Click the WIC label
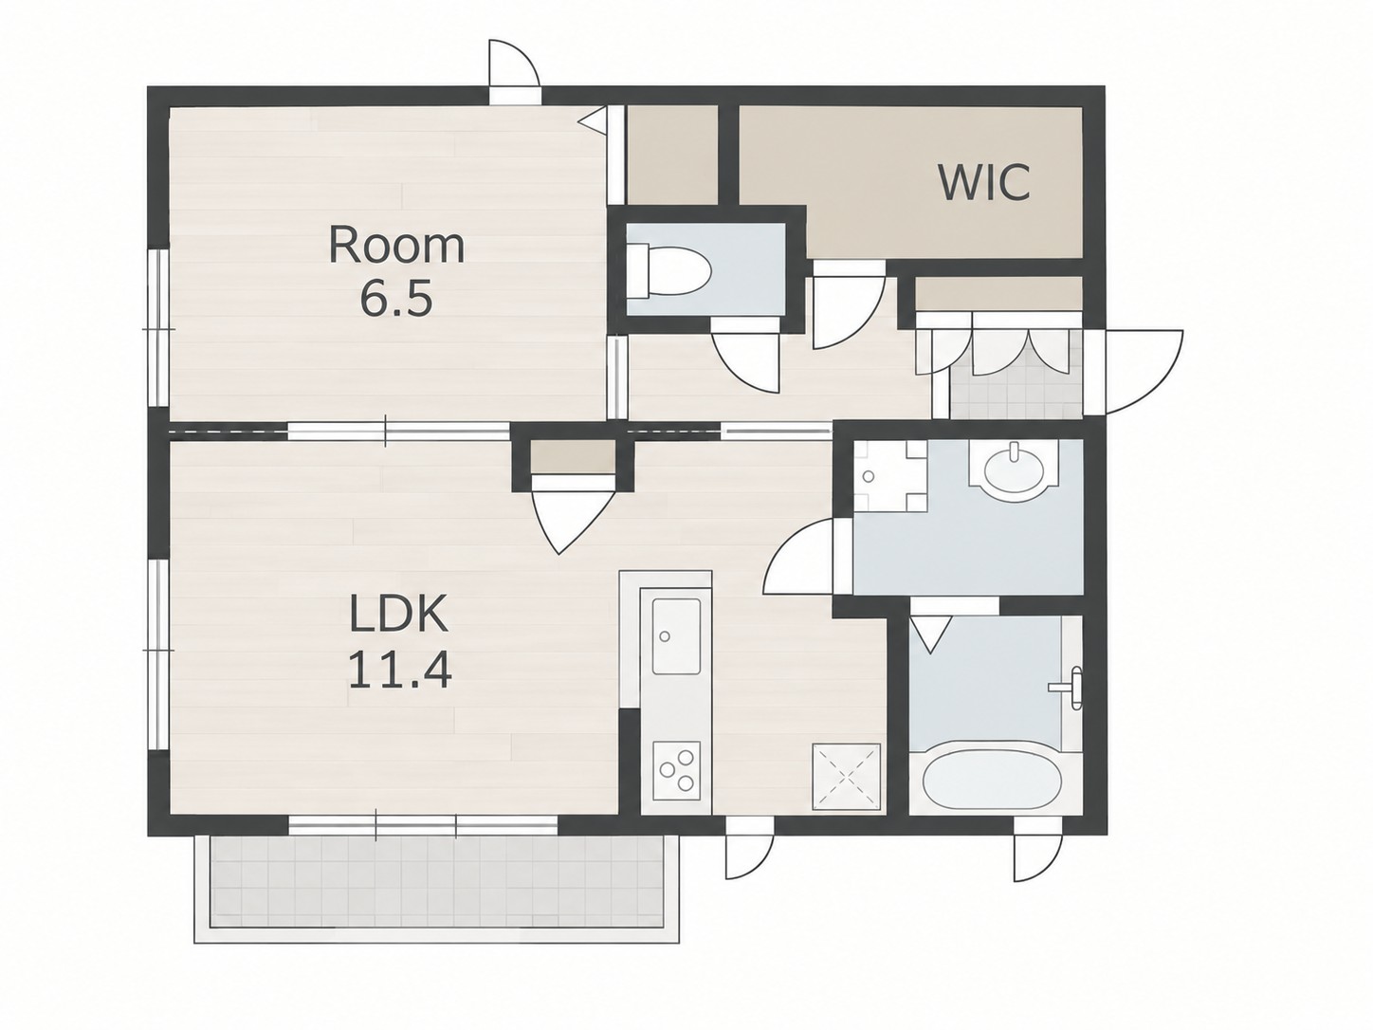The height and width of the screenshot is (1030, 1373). [984, 182]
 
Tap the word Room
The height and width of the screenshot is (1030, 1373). [396, 246]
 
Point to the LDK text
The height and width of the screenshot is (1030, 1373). [398, 614]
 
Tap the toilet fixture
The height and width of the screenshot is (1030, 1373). [668, 272]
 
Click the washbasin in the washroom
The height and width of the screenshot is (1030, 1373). [1014, 471]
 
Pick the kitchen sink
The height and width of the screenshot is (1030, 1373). [676, 636]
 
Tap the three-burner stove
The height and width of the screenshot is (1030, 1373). [676, 770]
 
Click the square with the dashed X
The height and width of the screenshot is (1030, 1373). [846, 777]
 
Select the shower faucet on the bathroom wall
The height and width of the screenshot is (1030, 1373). [1071, 688]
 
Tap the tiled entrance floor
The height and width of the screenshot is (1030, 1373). [1016, 392]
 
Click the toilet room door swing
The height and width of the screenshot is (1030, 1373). [745, 363]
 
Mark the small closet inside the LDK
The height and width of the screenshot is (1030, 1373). [573, 456]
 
